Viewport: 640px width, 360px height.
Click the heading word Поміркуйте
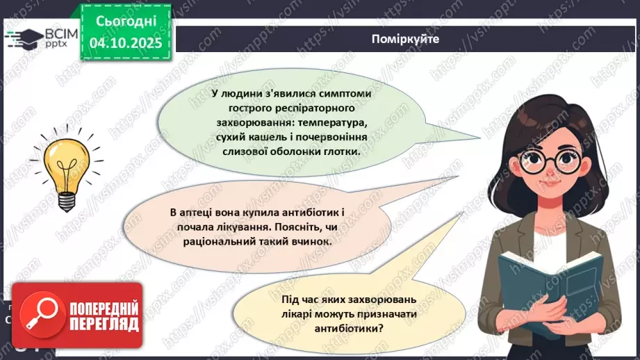point(405,40)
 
